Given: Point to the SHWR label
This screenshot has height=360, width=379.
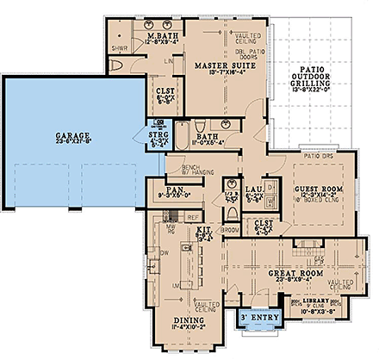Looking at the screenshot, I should pyautogui.click(x=120, y=49).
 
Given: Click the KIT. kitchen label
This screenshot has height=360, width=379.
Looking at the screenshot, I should pyautogui.click(x=206, y=233).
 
